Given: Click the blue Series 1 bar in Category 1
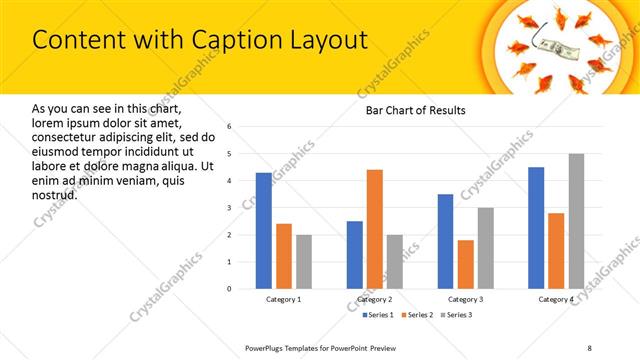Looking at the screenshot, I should pyautogui.click(x=263, y=230).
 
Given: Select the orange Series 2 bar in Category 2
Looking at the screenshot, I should pyautogui.click(x=375, y=229).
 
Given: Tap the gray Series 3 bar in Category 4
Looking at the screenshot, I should pyautogui.click(x=576, y=221).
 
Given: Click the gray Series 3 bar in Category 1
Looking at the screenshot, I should pyautogui.click(x=303, y=261).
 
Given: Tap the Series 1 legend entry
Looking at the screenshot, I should pyautogui.click(x=375, y=315).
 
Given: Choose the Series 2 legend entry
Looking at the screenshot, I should pyautogui.click(x=416, y=315).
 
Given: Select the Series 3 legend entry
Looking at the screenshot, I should pyautogui.click(x=457, y=315).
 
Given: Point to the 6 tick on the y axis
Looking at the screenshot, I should pyautogui.click(x=230, y=127).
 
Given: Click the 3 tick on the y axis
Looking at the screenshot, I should pyautogui.click(x=230, y=208).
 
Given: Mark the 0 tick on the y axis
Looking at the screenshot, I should pyautogui.click(x=230, y=289).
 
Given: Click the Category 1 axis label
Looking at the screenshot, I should pyautogui.click(x=283, y=299).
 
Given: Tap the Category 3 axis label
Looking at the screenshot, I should pyautogui.click(x=465, y=299).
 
